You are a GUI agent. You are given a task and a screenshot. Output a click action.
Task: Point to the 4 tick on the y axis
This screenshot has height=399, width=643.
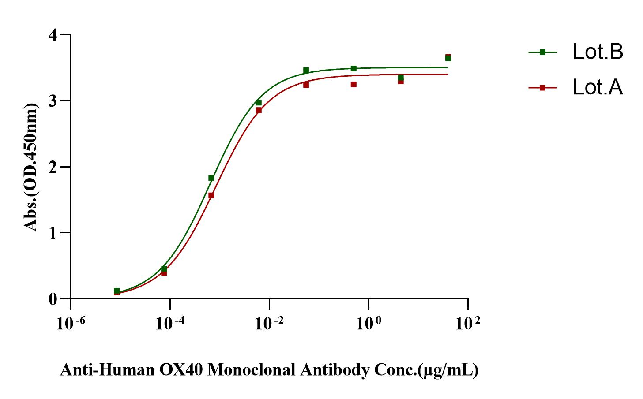coord(53,35)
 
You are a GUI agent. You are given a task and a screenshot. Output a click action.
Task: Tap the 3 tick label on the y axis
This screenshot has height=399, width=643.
coord(53,101)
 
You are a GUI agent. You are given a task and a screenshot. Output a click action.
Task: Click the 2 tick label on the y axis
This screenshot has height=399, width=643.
coord(53,167)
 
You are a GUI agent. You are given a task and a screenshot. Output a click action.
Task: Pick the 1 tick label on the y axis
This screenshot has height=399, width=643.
coord(53,233)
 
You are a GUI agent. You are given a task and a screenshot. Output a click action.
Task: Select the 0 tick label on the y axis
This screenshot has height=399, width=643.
coord(53,299)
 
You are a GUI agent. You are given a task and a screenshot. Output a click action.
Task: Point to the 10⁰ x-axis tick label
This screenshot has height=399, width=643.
coord(368,324)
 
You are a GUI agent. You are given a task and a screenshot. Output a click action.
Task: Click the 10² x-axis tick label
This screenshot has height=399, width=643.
coord(467,324)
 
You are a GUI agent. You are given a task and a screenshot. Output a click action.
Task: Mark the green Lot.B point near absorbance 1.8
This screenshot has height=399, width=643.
coord(211,178)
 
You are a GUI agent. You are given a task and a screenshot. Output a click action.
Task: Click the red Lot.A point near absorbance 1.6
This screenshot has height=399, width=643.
coord(211,195)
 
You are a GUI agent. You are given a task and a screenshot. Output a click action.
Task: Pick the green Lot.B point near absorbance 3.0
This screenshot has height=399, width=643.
coord(259,103)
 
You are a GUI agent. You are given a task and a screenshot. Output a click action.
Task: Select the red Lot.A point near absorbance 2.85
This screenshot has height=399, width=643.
coord(259,110)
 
